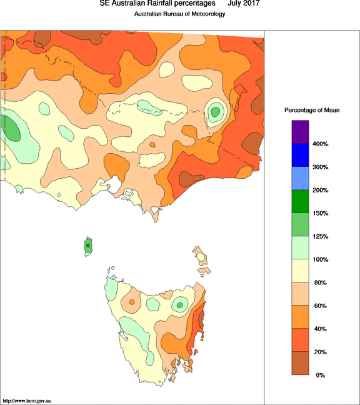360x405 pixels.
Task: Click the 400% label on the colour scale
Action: tap(320, 144)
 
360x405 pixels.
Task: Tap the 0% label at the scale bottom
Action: tap(320, 375)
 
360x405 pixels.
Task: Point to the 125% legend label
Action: tap(320, 236)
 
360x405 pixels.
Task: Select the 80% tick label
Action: tap(320, 282)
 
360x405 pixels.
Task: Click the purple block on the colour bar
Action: tap(301, 132)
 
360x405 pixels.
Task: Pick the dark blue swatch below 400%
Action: tap(301, 155)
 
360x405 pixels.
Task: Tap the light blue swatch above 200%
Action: tap(301, 179)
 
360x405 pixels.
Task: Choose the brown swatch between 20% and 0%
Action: tap(301, 363)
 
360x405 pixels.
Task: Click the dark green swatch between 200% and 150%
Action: tap(301, 201)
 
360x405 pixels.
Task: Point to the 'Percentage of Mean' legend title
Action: tap(312, 110)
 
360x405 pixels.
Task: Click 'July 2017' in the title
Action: tap(244, 3)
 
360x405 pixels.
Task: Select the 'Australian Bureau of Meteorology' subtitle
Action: tap(180, 14)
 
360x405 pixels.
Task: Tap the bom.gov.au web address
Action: tap(27, 401)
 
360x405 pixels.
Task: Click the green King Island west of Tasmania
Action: tap(88, 246)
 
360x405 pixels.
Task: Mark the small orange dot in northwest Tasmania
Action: tap(132, 302)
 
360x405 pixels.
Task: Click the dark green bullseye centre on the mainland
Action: tap(215, 112)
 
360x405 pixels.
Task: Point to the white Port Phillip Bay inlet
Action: tap(113, 184)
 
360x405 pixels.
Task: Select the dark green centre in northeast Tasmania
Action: tap(179, 305)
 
